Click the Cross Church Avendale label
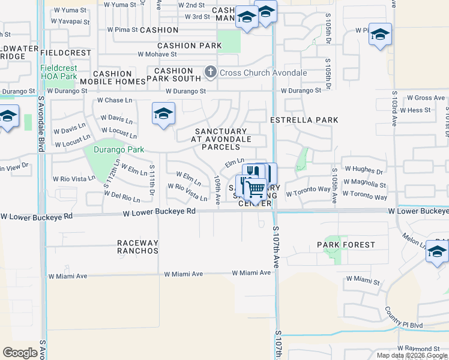click(x=263, y=73)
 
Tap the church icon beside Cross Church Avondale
click(x=210, y=73)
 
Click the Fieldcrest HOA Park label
click(x=59, y=72)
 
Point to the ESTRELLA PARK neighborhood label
click(x=304, y=120)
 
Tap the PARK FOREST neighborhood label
click(x=346, y=245)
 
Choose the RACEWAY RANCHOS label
click(x=138, y=247)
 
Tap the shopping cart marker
click(x=256, y=190)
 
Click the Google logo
click(x=21, y=353)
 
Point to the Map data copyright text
click(x=412, y=355)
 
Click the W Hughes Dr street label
click(x=363, y=171)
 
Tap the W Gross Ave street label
click(x=426, y=98)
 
